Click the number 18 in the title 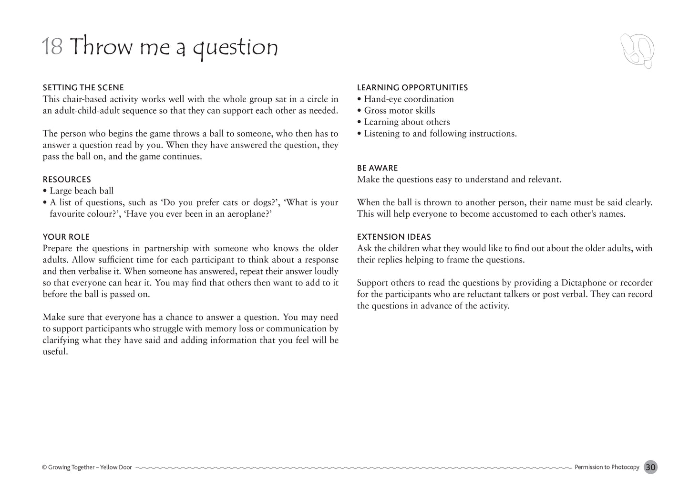pyautogui.click(x=52, y=47)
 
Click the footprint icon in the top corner pyautogui.click(x=638, y=50)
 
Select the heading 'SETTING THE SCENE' pyautogui.click(x=83, y=88)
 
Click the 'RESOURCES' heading pyautogui.click(x=67, y=180)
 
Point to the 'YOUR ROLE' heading pyautogui.click(x=66, y=237)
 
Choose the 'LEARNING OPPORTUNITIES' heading pyautogui.click(x=412, y=88)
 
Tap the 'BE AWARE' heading pyautogui.click(x=378, y=168)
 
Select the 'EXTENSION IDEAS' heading pyautogui.click(x=394, y=237)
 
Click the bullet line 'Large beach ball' pyautogui.click(x=82, y=191)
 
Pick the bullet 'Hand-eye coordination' pyautogui.click(x=409, y=99)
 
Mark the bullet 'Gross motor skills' pyautogui.click(x=399, y=111)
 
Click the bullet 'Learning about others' pyautogui.click(x=407, y=122)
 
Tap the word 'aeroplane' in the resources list pyautogui.click(x=244, y=214)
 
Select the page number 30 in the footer pyautogui.click(x=650, y=467)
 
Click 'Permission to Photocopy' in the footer pyautogui.click(x=607, y=467)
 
